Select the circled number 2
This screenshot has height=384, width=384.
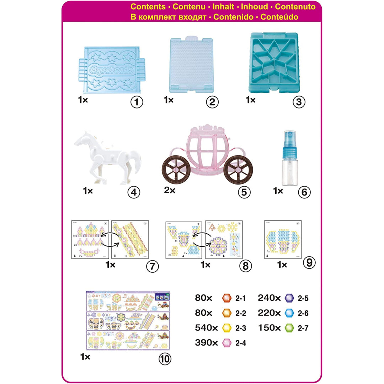212,102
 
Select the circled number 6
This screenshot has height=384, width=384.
304,192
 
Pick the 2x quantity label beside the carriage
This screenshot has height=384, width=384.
170,191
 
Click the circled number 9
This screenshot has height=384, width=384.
309,262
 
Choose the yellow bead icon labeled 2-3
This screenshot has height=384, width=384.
226,328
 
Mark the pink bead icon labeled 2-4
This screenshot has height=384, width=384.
226,343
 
